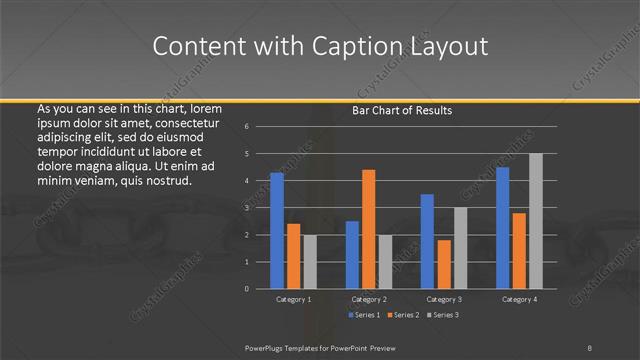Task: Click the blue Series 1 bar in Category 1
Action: [x=277, y=231]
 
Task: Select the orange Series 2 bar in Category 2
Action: [x=368, y=229]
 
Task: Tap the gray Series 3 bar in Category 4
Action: [x=536, y=221]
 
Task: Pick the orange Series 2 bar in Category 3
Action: [x=443, y=264]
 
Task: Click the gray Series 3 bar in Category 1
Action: [x=310, y=262]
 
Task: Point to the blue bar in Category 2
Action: [x=352, y=255]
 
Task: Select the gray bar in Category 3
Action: [x=460, y=248]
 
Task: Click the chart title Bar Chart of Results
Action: [x=402, y=110]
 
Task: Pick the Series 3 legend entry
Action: [x=445, y=315]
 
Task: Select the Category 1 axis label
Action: [x=293, y=299]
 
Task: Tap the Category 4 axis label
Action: [x=519, y=299]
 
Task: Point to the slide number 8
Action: [x=590, y=347]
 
